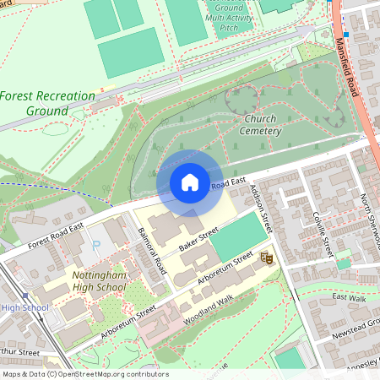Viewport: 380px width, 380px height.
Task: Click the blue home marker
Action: coord(190,182)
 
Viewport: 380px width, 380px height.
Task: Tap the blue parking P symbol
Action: coord(95,246)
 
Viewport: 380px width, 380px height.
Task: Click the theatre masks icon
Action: coord(267,258)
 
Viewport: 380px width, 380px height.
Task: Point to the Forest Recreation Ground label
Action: coord(47,103)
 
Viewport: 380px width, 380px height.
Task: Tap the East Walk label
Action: coord(349,297)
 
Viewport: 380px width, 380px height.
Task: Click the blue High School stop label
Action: coord(24,307)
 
